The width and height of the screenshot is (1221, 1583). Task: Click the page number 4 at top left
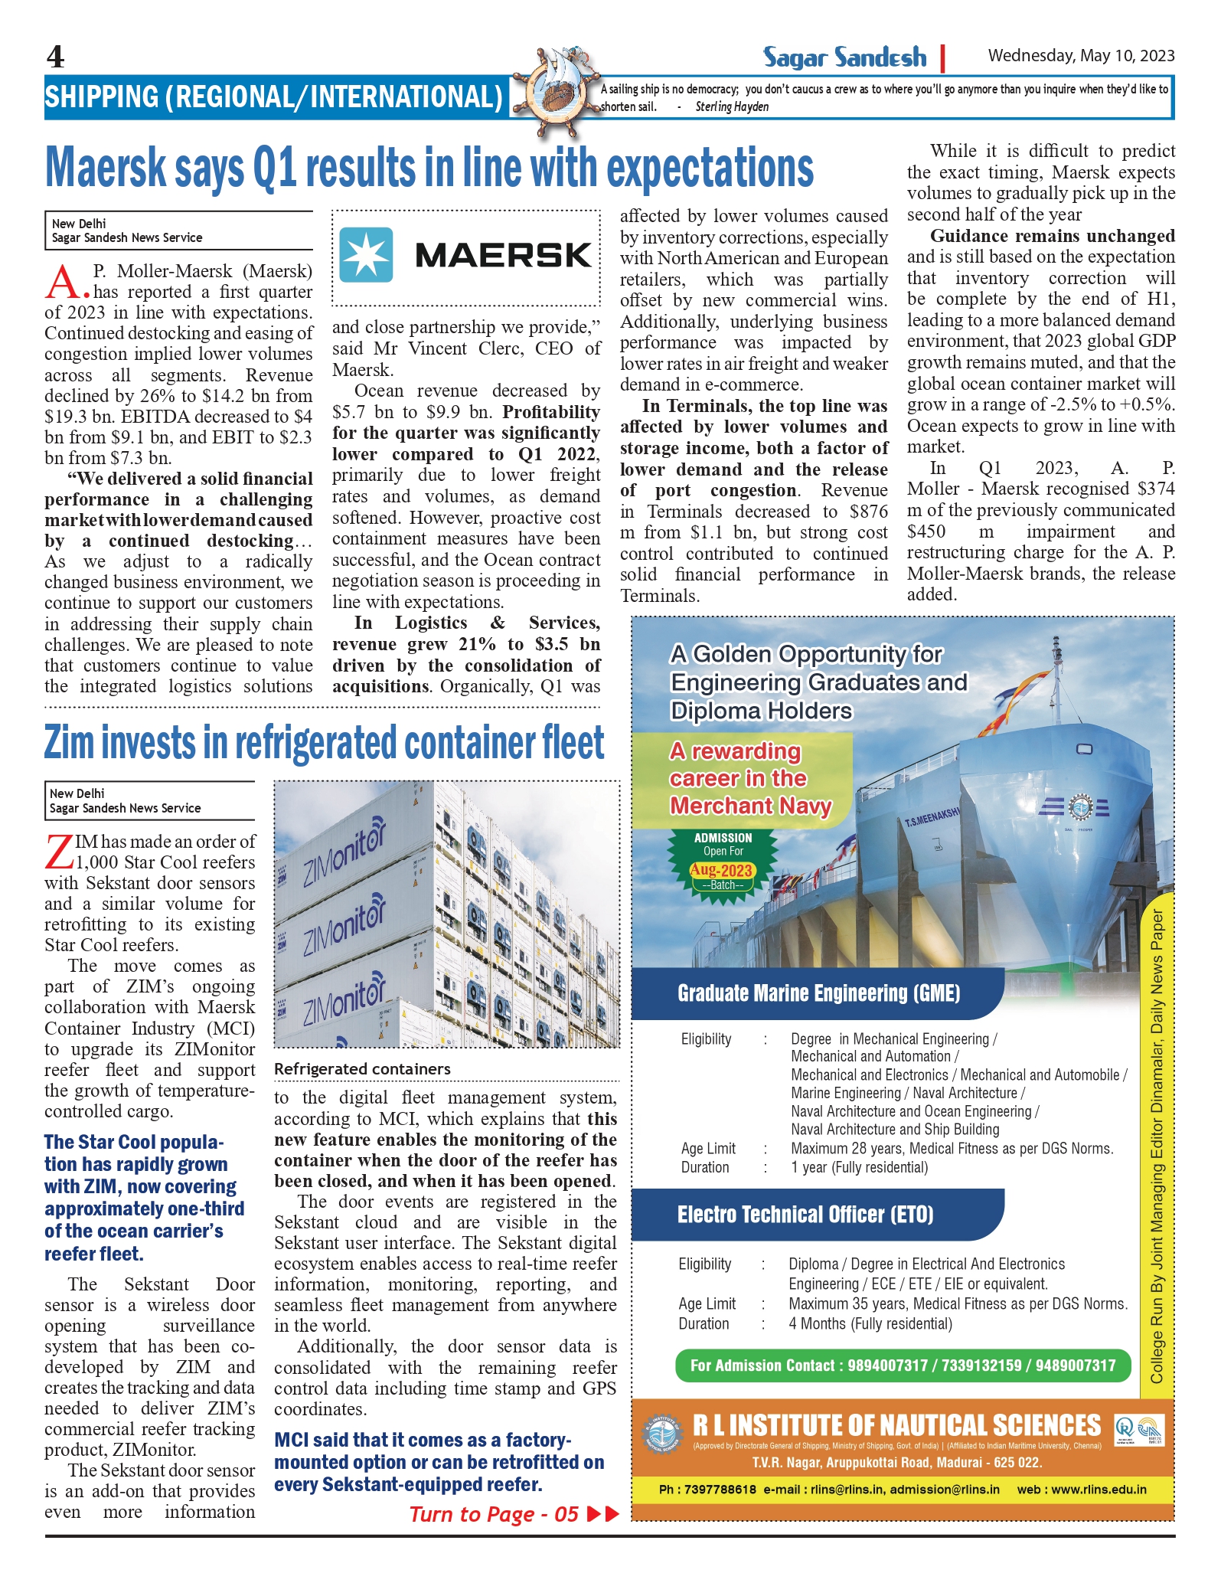[x=55, y=57]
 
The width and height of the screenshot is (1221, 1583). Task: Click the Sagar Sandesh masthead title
[x=844, y=57]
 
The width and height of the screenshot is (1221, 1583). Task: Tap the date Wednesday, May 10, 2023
[x=1081, y=55]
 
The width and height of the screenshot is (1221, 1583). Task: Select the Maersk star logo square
[x=366, y=255]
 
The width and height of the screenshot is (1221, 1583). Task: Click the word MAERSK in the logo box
[x=503, y=255]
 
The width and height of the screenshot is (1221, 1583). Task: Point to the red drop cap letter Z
[x=59, y=852]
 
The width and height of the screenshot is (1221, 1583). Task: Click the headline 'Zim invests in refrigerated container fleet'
[x=324, y=743]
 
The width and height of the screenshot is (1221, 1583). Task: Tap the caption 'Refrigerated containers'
[x=362, y=1068]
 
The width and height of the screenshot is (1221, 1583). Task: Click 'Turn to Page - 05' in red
[x=494, y=1514]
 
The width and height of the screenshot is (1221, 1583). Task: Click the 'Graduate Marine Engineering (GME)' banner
[x=818, y=993]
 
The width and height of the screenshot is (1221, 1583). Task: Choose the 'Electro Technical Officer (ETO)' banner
[x=805, y=1215]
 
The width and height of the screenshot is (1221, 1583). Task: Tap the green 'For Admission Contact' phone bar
[x=903, y=1366]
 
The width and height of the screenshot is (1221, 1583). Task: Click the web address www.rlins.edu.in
[x=1099, y=1490]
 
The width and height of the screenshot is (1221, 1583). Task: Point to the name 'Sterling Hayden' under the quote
[x=732, y=106]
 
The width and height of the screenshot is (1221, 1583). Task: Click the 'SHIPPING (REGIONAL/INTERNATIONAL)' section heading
[x=273, y=97]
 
